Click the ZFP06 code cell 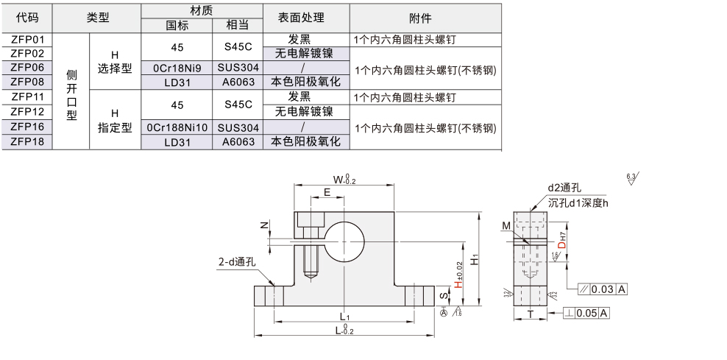(x=28, y=67)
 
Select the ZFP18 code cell (x=28, y=141)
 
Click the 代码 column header (x=28, y=18)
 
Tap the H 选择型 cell (x=114, y=62)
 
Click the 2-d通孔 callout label (x=235, y=261)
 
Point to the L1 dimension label (x=344, y=316)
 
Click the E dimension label (x=327, y=192)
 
